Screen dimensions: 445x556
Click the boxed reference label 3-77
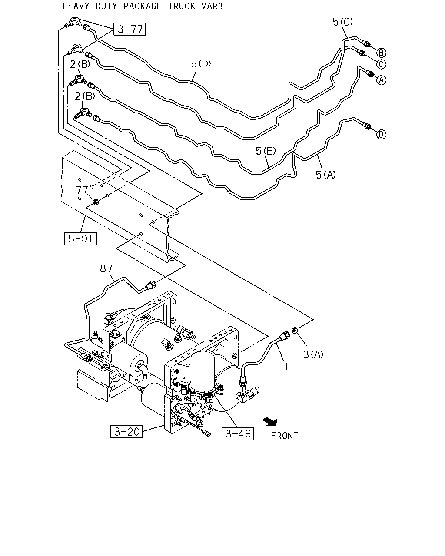130,29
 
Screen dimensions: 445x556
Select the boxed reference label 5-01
80,238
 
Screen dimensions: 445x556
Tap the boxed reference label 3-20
126,431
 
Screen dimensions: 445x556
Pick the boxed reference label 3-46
238,434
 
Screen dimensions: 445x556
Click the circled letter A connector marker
381,80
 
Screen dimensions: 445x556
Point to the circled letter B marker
381,53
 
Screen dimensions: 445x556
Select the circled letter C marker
381,64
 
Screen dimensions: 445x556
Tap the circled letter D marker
381,134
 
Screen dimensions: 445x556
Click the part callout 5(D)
201,63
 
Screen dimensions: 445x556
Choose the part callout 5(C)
342,22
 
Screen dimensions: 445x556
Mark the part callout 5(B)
266,151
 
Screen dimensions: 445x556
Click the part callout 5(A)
326,175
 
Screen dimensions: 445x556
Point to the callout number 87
106,269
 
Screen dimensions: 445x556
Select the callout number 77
82,190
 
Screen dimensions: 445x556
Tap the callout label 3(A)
313,354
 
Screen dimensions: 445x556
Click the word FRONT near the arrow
285,436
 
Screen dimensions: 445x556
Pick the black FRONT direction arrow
270,422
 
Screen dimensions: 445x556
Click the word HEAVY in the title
76,6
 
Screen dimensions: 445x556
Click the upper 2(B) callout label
80,64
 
